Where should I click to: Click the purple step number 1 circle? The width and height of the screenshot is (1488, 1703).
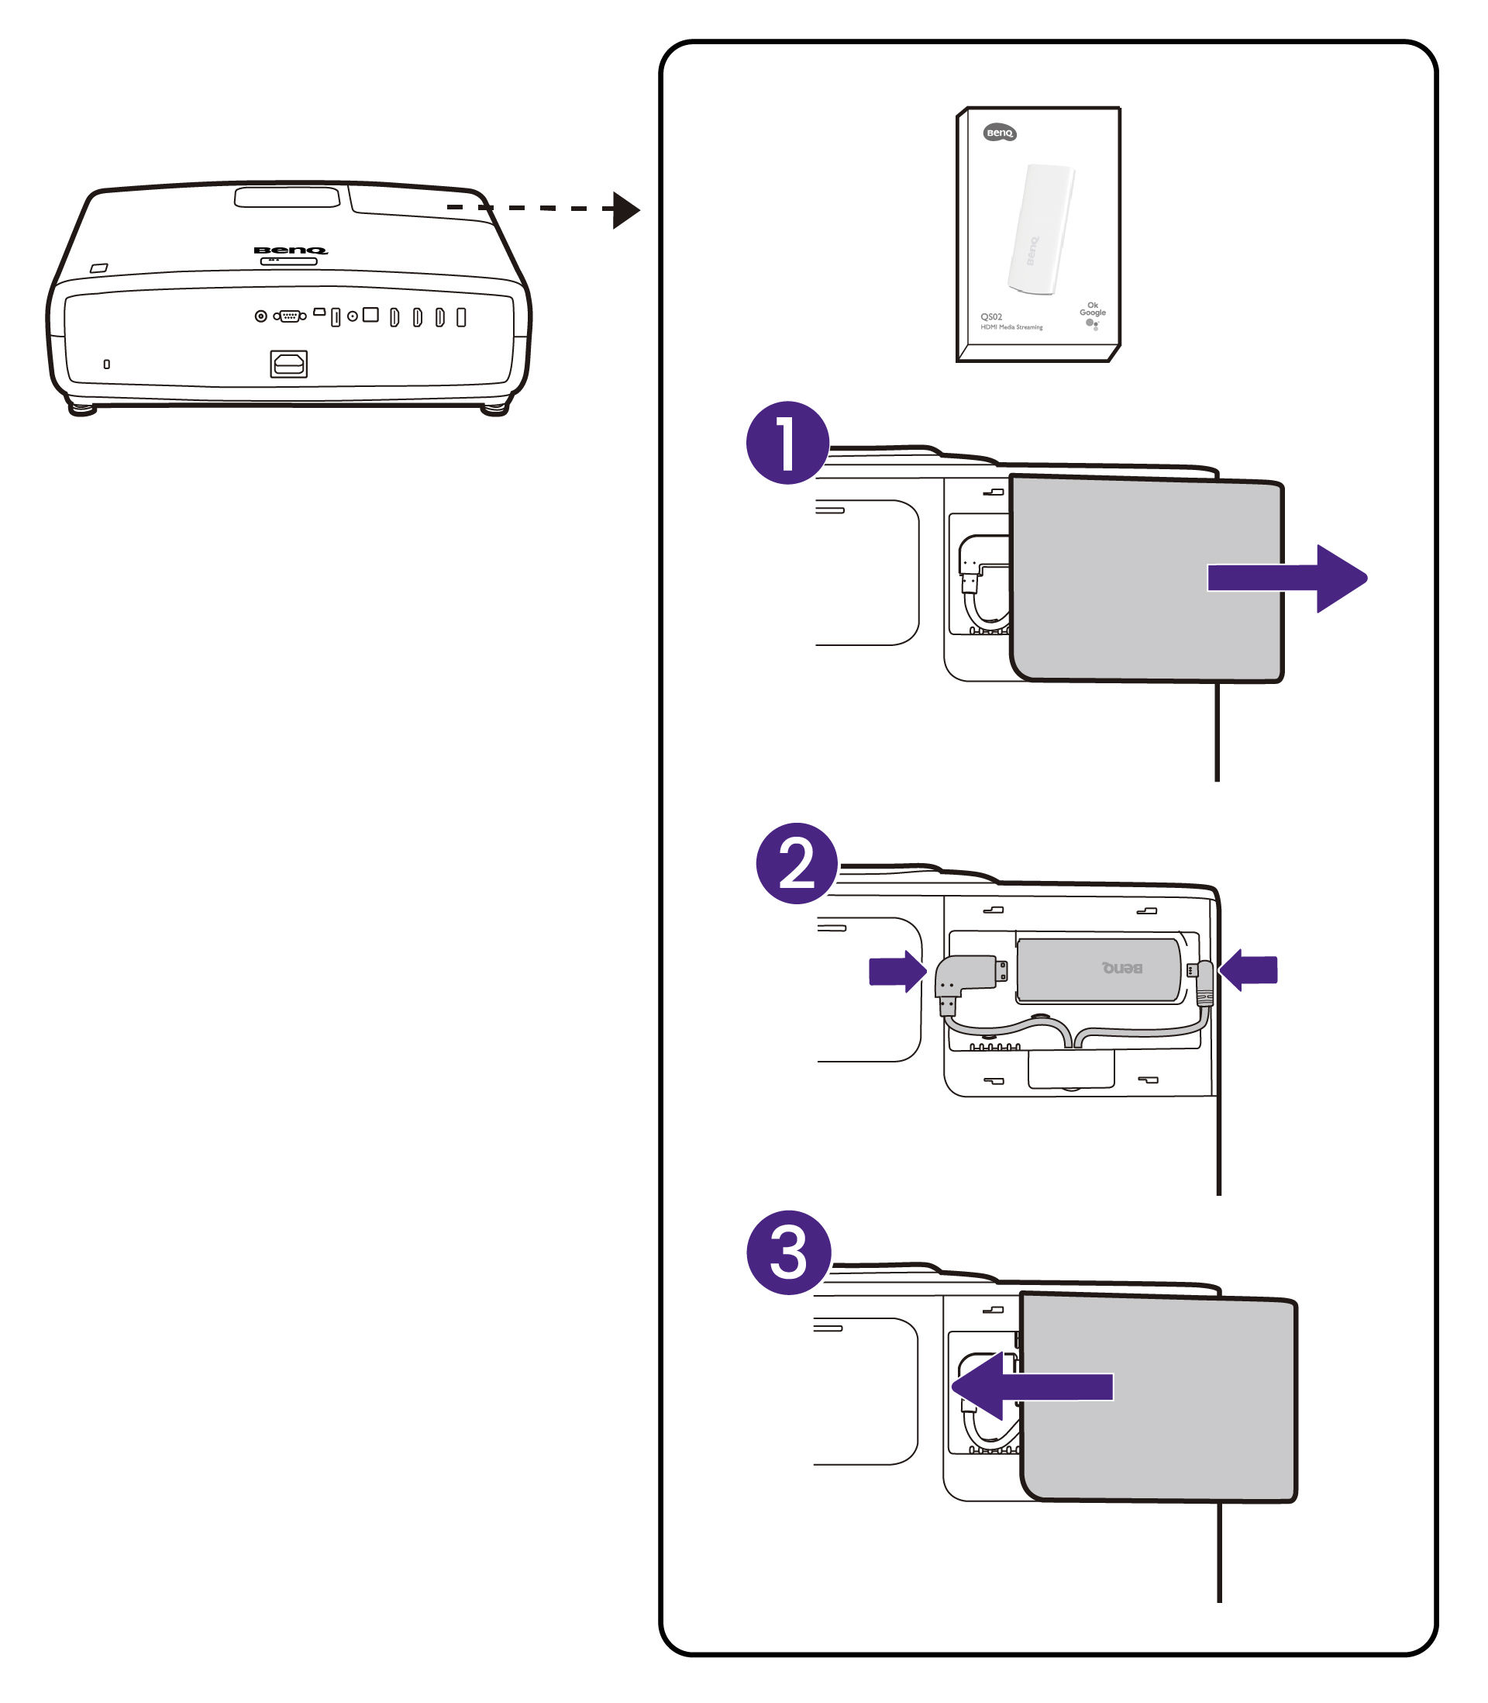coord(787,443)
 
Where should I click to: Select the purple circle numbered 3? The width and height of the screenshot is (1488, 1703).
coord(789,1252)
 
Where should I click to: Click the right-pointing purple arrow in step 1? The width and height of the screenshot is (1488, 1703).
coord(1287,579)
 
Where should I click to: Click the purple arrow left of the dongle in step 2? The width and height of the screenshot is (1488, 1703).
coord(897,970)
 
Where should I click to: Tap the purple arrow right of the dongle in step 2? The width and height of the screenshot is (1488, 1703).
coord(1249,969)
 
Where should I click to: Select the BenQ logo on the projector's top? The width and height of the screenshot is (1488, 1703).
coord(290,250)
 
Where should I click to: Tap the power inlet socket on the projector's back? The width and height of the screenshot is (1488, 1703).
coord(288,364)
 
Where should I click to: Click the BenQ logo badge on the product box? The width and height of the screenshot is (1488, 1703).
coord(1000,133)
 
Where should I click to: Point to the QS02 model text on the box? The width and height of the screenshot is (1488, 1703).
coord(990,316)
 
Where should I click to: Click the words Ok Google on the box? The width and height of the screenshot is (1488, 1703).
coord(1092,309)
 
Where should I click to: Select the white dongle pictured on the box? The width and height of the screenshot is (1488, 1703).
coord(1040,229)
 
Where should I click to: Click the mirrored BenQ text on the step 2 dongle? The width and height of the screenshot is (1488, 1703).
coord(1122,968)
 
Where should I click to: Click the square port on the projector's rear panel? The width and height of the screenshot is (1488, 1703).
coord(370,315)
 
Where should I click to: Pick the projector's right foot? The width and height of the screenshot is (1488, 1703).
coord(495,409)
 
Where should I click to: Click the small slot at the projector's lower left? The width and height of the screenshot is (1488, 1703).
coord(106,364)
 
